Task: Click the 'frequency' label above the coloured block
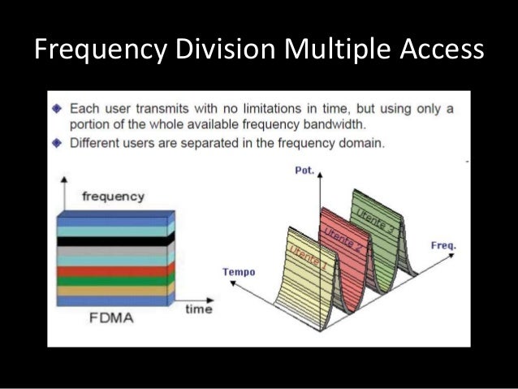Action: [x=114, y=196]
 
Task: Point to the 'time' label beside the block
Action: [x=198, y=309]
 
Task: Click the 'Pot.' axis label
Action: [x=304, y=171]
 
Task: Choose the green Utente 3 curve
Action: [x=380, y=223]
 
